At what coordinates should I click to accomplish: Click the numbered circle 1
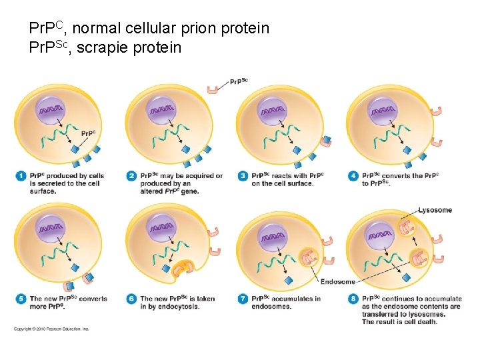(x=20, y=176)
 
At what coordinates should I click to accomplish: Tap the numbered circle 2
(x=131, y=176)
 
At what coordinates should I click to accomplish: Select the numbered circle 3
(x=243, y=176)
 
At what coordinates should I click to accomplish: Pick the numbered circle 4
(x=353, y=176)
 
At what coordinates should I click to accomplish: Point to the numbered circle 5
(x=20, y=299)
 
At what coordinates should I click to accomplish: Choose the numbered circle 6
(x=131, y=299)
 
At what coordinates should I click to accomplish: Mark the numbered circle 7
(x=243, y=299)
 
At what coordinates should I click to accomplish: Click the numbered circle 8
(x=353, y=299)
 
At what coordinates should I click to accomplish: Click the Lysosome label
(x=435, y=210)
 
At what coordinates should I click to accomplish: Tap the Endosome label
(x=338, y=282)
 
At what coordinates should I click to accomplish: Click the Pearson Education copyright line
(x=51, y=329)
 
